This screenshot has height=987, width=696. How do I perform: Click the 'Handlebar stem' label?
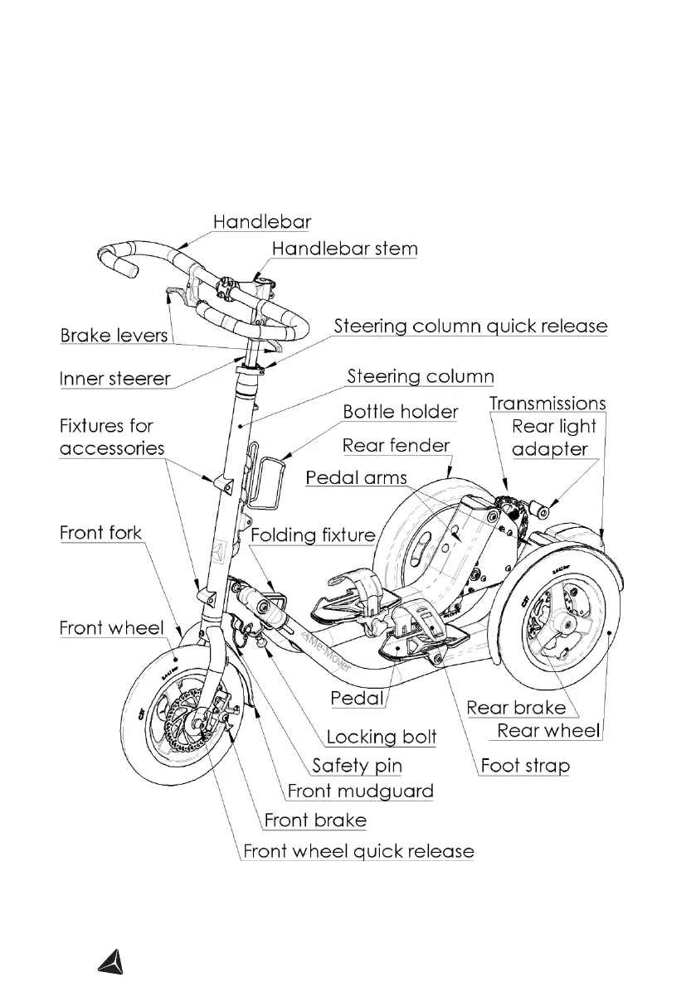pos(344,249)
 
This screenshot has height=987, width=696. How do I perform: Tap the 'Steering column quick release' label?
pos(470,327)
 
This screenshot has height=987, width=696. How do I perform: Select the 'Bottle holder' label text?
pos(400,412)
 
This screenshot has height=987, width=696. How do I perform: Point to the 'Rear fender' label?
pos(396,446)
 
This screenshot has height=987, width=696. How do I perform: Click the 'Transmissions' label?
pos(547,404)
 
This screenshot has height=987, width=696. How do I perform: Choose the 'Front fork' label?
pos(100,533)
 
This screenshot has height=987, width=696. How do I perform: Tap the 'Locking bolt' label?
pos(381,737)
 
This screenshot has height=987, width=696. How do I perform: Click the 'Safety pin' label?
pos(357,765)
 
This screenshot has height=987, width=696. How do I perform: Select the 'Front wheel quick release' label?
pos(358,851)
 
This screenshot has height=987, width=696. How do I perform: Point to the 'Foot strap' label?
pos(526,765)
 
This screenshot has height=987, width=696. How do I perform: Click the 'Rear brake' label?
pos(516,708)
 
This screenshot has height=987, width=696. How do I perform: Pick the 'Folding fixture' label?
pos(313,535)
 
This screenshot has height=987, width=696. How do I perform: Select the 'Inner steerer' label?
pos(114,380)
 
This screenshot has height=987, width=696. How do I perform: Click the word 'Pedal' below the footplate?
pos(357,699)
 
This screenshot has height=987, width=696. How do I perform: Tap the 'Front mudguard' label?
pos(360,791)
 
